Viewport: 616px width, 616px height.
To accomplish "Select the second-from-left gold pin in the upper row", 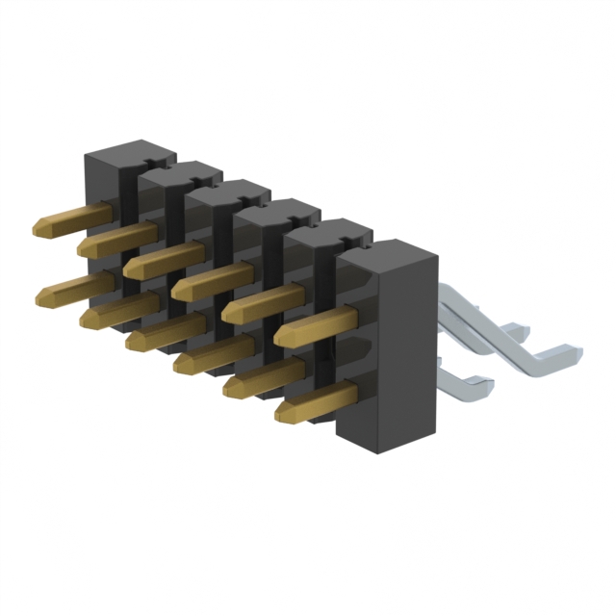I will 115,240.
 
